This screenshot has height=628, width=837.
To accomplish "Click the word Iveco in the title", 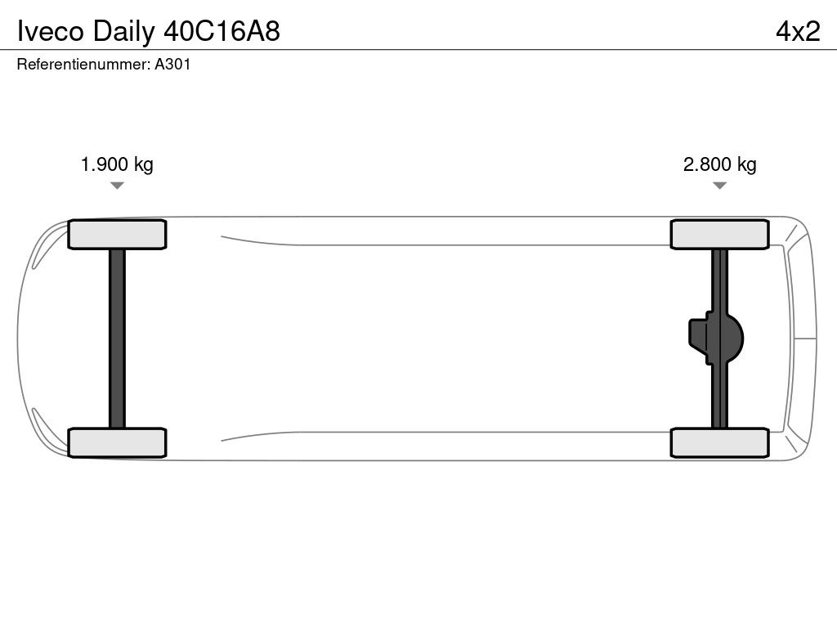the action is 51,32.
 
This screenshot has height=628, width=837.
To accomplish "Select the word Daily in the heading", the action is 124,33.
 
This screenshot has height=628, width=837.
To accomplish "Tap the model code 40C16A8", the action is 222,32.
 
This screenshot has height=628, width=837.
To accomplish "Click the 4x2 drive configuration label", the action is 798,32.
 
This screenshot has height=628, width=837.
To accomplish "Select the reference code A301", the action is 172,64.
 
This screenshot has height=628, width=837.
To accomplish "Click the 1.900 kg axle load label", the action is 117,164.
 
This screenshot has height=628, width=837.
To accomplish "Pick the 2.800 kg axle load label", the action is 719,164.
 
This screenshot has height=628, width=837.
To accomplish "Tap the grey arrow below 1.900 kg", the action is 117,186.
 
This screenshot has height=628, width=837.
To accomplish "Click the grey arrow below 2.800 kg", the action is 719,186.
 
